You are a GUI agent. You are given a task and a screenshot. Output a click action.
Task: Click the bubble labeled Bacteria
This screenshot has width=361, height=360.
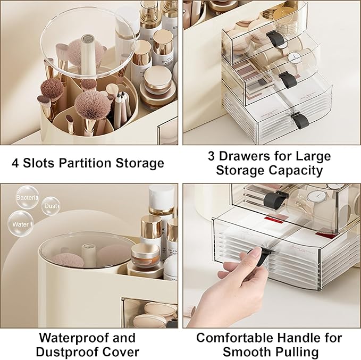coord(27,197)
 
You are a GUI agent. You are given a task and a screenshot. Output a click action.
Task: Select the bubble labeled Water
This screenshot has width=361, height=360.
coord(20,224)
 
